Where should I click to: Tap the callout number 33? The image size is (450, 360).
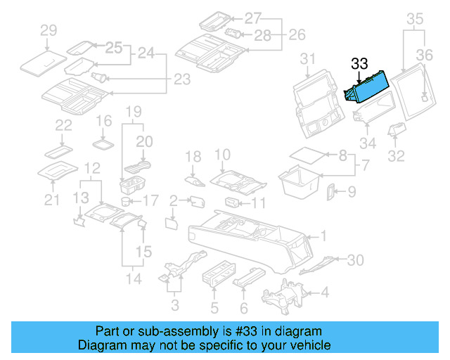pyautogui.click(x=359, y=64)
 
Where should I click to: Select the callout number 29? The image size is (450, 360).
pyautogui.click(x=48, y=30)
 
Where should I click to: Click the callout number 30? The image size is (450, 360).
pyautogui.click(x=356, y=260)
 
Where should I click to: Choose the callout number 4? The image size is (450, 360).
pyautogui.click(x=324, y=292)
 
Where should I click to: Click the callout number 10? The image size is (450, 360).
pyautogui.click(x=222, y=154)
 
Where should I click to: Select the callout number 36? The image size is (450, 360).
pyautogui.click(x=425, y=54)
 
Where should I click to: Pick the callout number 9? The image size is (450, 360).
pyautogui.click(x=352, y=191)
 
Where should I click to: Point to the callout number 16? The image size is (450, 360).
pyautogui.click(x=103, y=121)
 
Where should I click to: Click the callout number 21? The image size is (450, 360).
pyautogui.click(x=51, y=201)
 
